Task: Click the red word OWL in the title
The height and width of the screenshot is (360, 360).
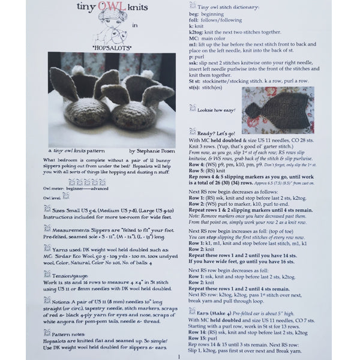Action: click(x=108, y=10)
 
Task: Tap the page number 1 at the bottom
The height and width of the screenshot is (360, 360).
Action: click(x=178, y=356)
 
